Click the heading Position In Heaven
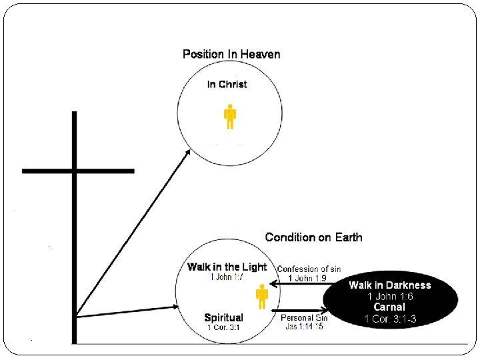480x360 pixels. pyautogui.click(x=231, y=54)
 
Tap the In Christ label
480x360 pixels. pyautogui.click(x=227, y=85)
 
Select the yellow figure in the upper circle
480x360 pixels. pyautogui.click(x=230, y=116)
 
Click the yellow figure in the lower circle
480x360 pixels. pyautogui.click(x=262, y=297)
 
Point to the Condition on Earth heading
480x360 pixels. pyautogui.click(x=313, y=237)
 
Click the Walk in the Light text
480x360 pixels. pyautogui.click(x=227, y=267)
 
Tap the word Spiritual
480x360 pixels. pyautogui.click(x=223, y=317)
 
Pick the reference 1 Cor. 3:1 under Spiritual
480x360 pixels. pyautogui.click(x=223, y=327)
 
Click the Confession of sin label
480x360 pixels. pyautogui.click(x=309, y=269)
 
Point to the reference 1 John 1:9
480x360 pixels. pyautogui.click(x=307, y=278)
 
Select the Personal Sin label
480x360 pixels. pyautogui.click(x=305, y=318)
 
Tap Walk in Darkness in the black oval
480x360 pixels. pyautogui.click(x=390, y=285)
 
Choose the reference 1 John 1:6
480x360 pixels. pyautogui.click(x=390, y=296)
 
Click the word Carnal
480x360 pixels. pyautogui.click(x=390, y=307)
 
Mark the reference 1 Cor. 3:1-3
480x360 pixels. pyautogui.click(x=390, y=319)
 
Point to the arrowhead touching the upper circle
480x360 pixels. pyautogui.click(x=188, y=151)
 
